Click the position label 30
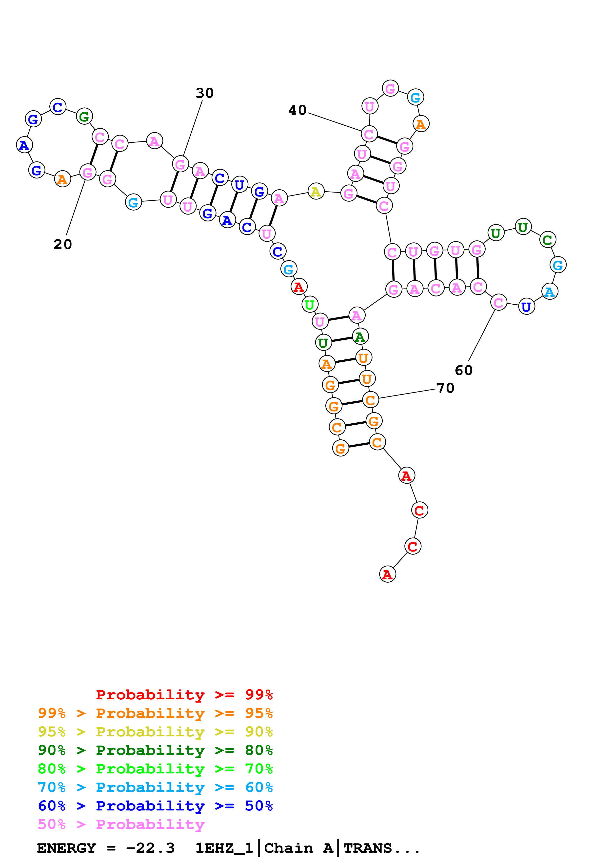204,93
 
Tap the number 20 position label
63,244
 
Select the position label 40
297,110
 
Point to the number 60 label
463,370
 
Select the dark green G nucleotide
84,116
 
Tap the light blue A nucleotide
549,292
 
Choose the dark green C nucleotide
547,239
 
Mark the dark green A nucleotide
360,336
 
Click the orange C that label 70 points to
370,400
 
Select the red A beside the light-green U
299,287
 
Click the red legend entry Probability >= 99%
184,695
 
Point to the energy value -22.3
150,848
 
